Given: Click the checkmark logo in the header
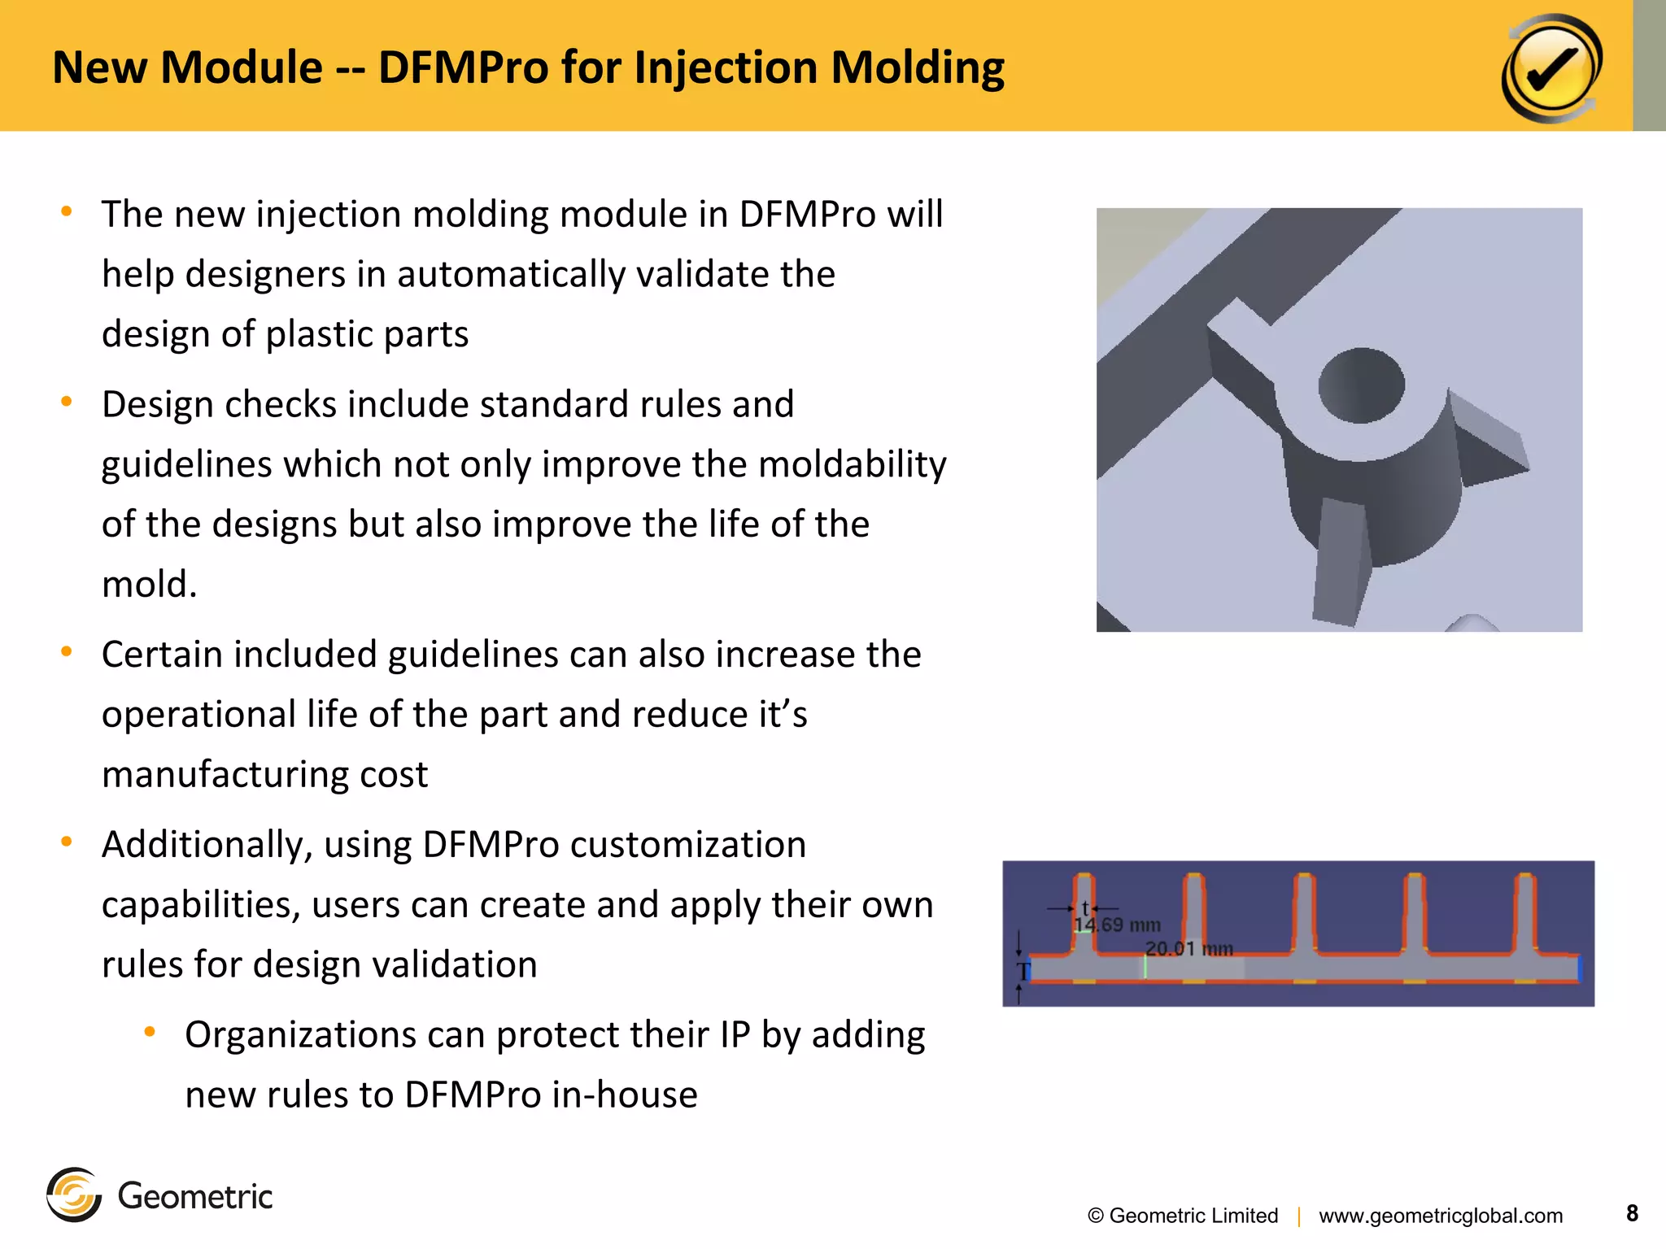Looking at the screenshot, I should [x=1551, y=68].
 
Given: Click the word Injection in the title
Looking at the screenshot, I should [x=725, y=67].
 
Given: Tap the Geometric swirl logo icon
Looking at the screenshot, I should [x=74, y=1195].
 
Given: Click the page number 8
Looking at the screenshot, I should [x=1632, y=1213].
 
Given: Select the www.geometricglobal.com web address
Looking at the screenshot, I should [x=1441, y=1216].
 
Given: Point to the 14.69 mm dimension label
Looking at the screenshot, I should [x=1117, y=925].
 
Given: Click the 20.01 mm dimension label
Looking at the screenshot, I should [x=1188, y=949].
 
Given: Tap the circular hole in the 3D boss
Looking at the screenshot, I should [x=1361, y=385].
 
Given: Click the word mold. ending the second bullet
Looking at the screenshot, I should [x=150, y=584].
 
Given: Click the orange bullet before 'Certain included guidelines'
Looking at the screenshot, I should [x=67, y=651].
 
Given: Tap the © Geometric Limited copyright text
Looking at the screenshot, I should [x=1183, y=1216].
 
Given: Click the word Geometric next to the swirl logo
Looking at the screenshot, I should [x=195, y=1196].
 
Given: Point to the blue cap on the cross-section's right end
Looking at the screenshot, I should [x=1579, y=968].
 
